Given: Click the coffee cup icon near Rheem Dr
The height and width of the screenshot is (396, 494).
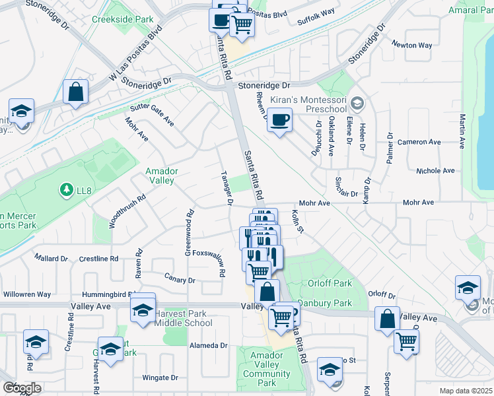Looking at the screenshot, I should [280, 120].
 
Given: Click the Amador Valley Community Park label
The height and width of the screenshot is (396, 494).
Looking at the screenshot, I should [266, 369].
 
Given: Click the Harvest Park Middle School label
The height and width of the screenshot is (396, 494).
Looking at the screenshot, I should [183, 318].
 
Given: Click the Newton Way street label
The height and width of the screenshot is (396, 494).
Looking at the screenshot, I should [412, 46].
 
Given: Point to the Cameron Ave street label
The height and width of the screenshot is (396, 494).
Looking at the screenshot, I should [419, 142].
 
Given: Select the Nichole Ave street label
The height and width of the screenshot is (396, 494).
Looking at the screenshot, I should [435, 171].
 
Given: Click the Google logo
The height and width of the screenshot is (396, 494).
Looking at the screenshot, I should [22, 387].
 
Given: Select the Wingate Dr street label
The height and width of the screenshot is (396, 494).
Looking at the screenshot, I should [160, 378].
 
